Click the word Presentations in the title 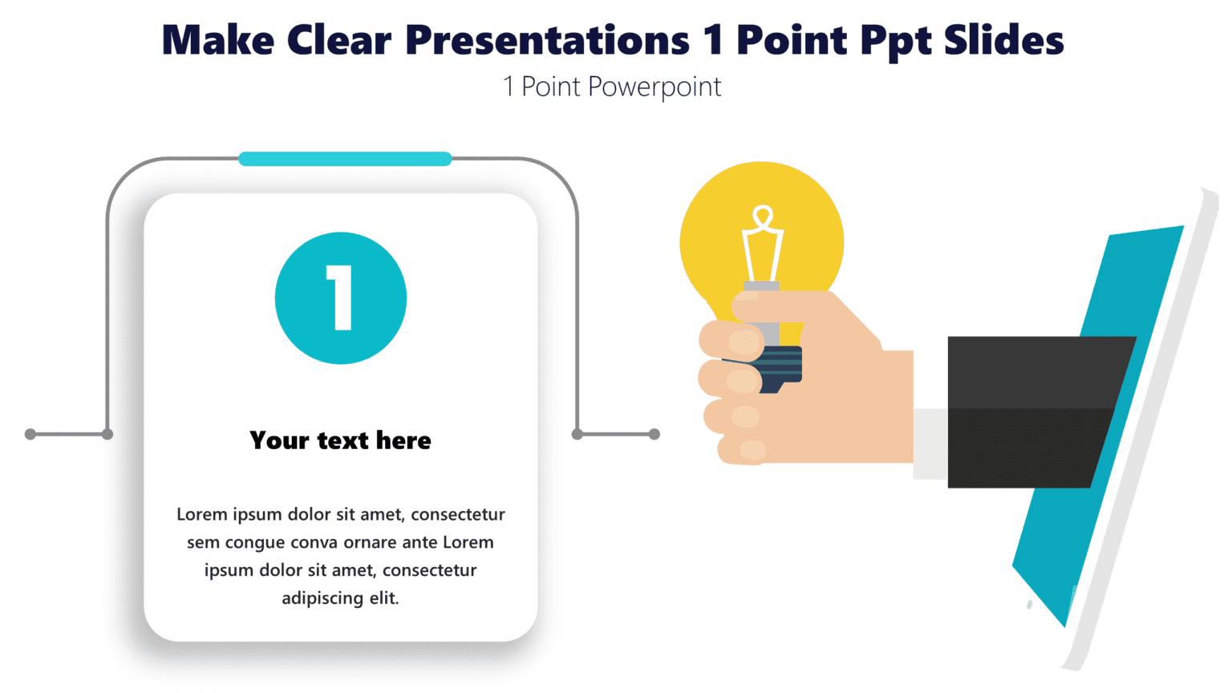(546, 40)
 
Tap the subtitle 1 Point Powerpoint (612, 87)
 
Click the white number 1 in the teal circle (341, 298)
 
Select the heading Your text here (340, 440)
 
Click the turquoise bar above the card (345, 159)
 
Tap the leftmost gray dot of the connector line (30, 434)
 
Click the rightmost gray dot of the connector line (654, 434)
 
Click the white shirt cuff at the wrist (930, 444)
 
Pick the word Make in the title (217, 40)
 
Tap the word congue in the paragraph (254, 543)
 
